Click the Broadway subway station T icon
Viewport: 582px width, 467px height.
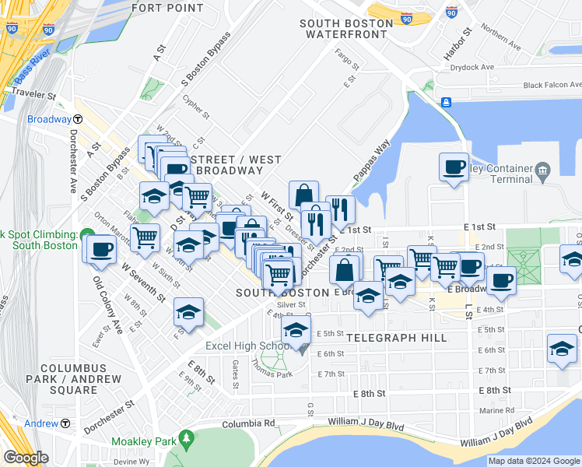(x=79, y=119)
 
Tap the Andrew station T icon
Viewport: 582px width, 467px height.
(x=65, y=423)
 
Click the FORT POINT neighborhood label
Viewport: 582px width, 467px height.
(x=167, y=8)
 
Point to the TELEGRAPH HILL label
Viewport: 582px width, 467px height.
(x=397, y=338)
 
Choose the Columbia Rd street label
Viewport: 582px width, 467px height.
(x=248, y=423)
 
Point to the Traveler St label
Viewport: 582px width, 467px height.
(x=29, y=97)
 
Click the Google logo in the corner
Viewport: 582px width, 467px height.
(x=26, y=457)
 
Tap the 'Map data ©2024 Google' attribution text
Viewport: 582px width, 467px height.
(x=533, y=461)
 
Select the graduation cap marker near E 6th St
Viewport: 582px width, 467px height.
(x=561, y=349)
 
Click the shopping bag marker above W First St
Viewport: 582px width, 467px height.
(x=303, y=195)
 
